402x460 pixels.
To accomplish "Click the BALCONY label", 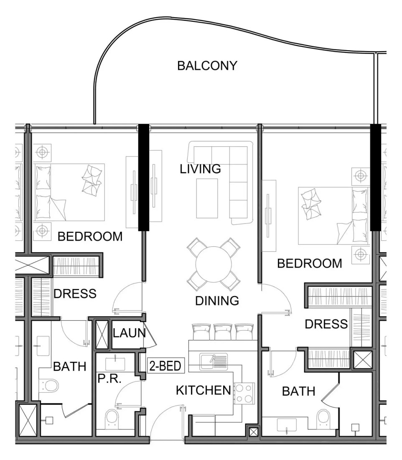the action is [207, 65].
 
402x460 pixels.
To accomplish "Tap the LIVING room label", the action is [200, 169].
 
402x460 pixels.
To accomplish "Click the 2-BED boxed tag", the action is [165, 365].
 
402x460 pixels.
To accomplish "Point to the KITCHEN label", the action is [204, 390].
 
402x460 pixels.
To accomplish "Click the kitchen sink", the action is [214, 361].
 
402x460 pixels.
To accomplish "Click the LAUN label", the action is [129, 333].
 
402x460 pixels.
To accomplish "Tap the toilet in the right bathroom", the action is [323, 419].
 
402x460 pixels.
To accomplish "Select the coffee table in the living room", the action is [207, 198].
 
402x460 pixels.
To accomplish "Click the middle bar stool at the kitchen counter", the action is [223, 332].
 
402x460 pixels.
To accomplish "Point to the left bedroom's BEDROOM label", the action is [90, 236].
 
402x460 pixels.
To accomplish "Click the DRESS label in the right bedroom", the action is [326, 324].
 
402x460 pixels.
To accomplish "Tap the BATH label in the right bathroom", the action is [298, 391].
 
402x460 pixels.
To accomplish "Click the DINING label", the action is [217, 301].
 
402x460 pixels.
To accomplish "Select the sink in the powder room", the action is [115, 364].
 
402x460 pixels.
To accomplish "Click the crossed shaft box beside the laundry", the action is [102, 335].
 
